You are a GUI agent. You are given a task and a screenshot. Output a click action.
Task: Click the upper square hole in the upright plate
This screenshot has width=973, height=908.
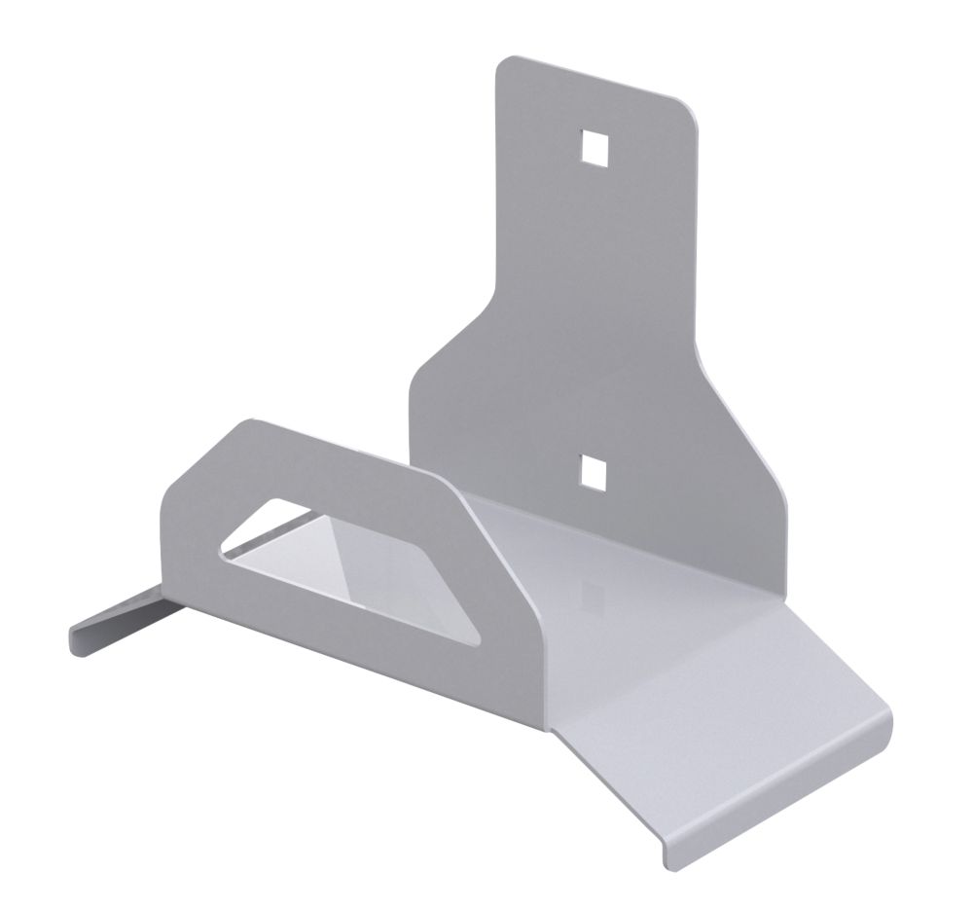tap(593, 145)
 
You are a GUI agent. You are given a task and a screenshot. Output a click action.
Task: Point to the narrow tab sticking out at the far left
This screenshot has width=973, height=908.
tap(112, 623)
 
